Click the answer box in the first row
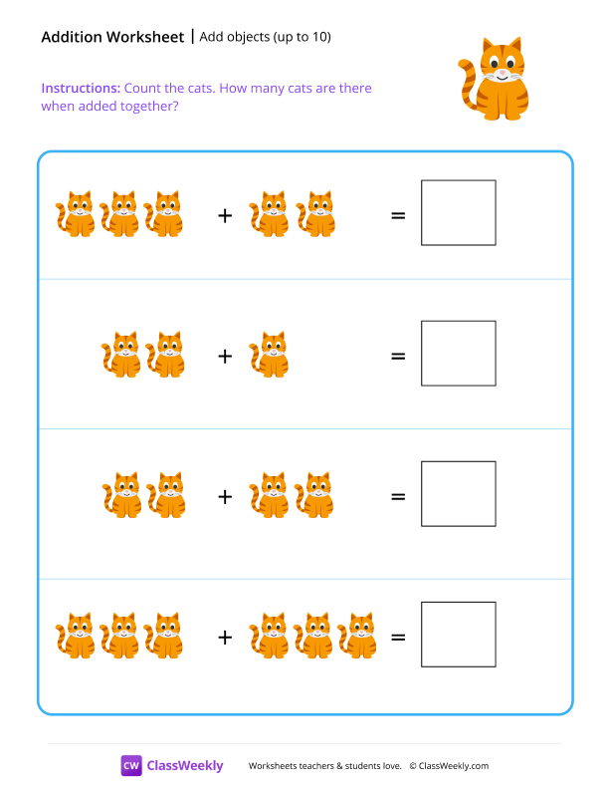(458, 212)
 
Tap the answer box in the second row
(458, 353)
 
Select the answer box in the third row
(458, 493)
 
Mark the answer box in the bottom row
(458, 634)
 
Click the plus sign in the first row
(225, 214)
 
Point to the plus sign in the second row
(225, 355)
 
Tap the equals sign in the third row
(398, 495)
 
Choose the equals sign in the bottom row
(398, 636)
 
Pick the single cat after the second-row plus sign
(269, 356)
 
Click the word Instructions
(81, 89)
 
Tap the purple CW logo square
(131, 765)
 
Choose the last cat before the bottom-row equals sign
(358, 636)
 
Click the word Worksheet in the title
(147, 37)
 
